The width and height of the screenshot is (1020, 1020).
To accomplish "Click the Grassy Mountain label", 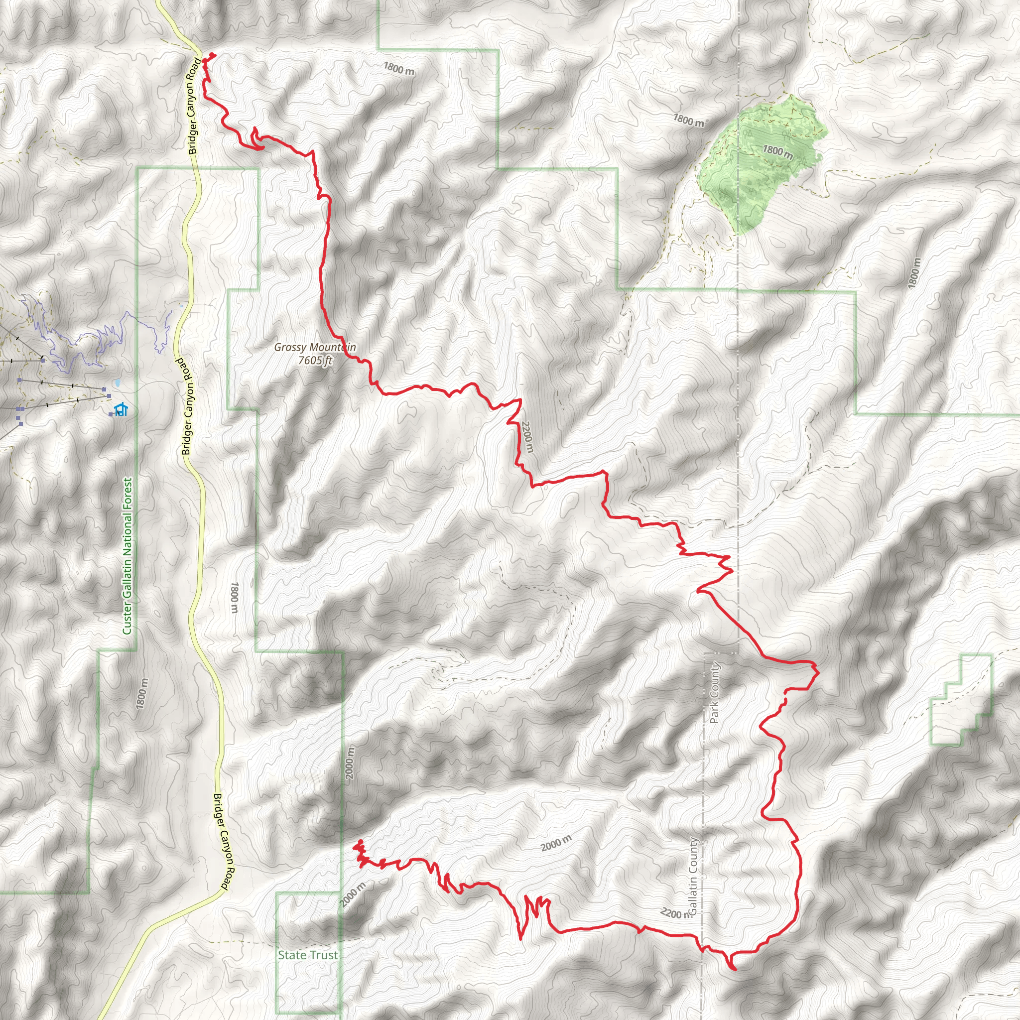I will [315, 348].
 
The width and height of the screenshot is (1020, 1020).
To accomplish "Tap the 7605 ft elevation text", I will [315, 361].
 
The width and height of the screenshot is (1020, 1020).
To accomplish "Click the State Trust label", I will [308, 955].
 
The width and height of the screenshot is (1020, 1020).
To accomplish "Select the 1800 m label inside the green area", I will [777, 151].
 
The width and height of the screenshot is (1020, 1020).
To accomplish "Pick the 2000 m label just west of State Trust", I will [353, 895].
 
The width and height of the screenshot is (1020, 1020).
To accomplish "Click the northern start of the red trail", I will [212, 55].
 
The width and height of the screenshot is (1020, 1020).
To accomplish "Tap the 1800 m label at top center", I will [398, 68].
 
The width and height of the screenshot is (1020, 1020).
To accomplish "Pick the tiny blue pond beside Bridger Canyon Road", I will [181, 305].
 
